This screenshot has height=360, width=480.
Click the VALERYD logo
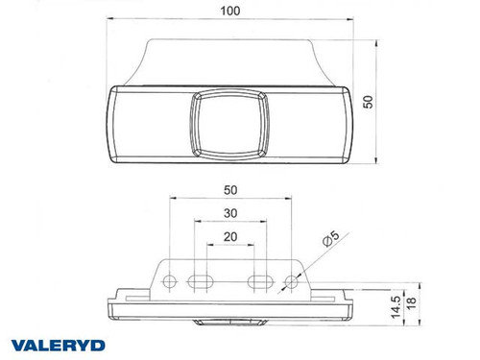58,342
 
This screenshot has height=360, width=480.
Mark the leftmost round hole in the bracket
170,281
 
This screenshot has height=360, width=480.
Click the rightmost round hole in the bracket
291,281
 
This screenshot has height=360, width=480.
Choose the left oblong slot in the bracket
201,281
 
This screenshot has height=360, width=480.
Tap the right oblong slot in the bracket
260,281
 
